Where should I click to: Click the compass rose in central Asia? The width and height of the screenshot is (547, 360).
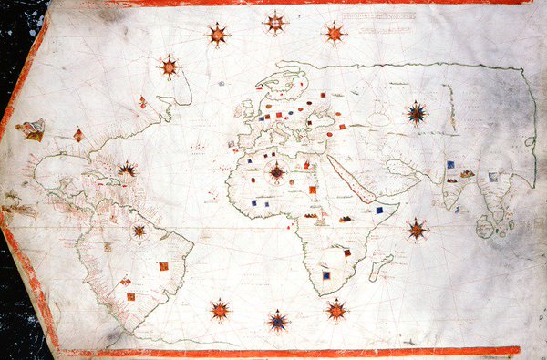point(418,114)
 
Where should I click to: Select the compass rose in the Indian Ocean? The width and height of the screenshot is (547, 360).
point(417,229)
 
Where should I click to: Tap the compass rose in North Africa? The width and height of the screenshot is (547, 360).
point(276,170)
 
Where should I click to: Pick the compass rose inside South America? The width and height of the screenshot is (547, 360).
point(139,231)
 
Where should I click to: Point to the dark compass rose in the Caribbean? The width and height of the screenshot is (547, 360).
point(128,170)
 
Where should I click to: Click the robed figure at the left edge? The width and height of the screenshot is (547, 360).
point(33,129)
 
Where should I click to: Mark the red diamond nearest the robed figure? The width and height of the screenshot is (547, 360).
point(77,137)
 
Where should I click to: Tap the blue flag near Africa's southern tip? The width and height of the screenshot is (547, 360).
point(326,274)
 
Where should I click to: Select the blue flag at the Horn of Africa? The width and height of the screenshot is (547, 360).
point(378,211)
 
